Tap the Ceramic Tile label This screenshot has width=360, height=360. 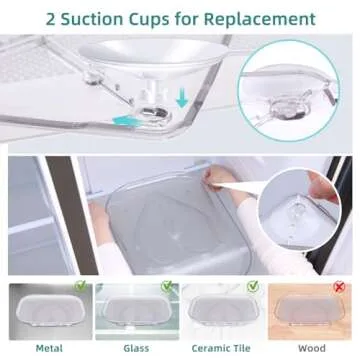(x=224, y=349)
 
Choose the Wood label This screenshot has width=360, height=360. (x=313, y=349)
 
